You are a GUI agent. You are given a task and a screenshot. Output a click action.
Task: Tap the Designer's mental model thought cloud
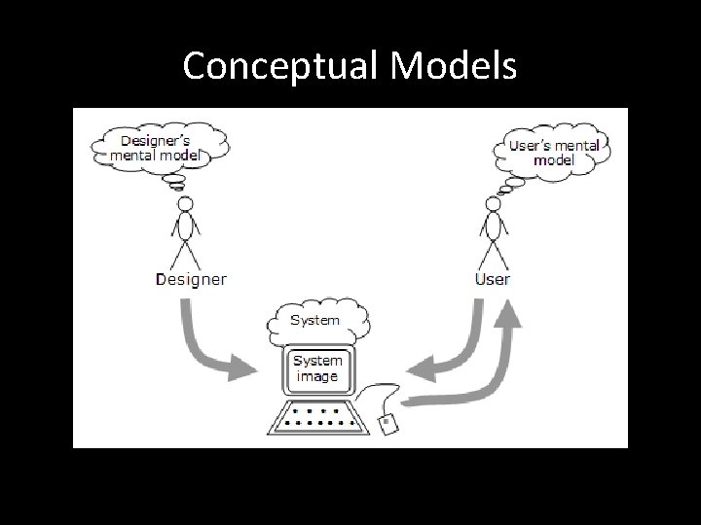(159, 146)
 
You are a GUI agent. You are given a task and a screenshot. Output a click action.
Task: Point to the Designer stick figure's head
(183, 206)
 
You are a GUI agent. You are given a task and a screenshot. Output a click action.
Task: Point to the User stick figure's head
(492, 206)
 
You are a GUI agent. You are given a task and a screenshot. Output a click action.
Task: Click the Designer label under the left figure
(191, 279)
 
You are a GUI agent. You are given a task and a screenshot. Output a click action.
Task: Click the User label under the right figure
(492, 279)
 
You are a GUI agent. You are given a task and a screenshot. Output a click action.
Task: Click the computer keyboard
(316, 417)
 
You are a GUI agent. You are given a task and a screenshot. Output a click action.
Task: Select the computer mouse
(387, 424)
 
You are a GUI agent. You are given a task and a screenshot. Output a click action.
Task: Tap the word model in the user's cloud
(555, 160)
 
